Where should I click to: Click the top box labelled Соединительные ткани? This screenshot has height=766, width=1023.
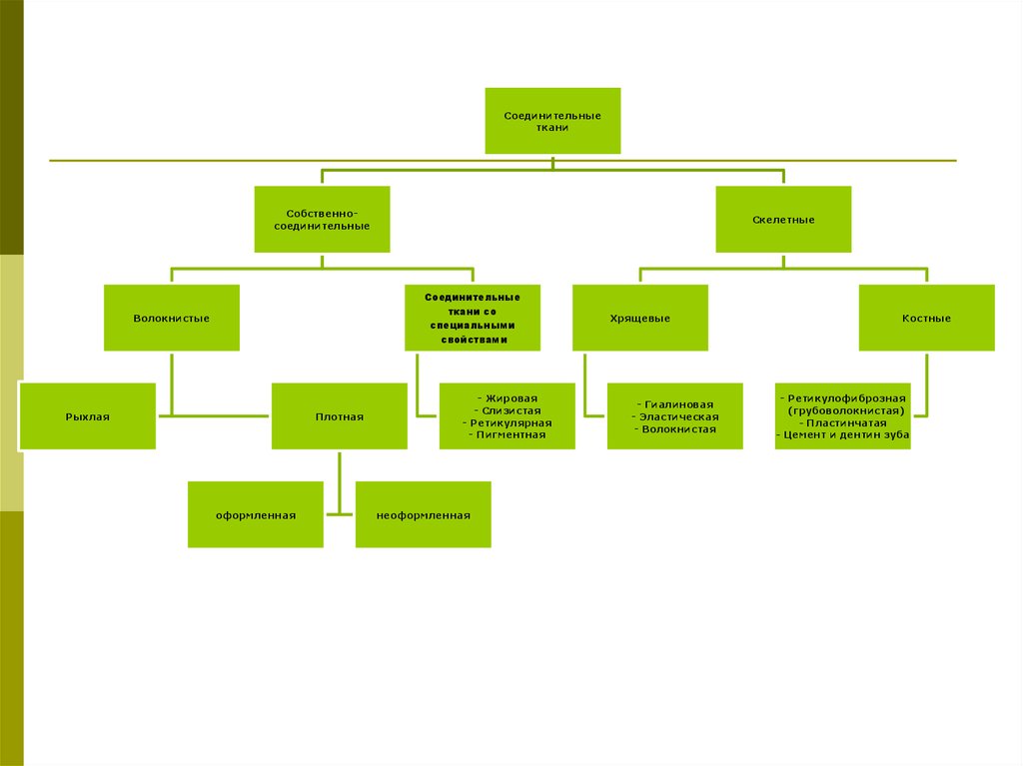pyautogui.click(x=552, y=121)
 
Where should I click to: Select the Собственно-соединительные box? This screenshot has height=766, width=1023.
pyautogui.click(x=322, y=219)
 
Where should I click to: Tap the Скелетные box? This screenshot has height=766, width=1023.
pyautogui.click(x=783, y=219)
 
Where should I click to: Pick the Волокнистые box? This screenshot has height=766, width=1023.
pyautogui.click(x=171, y=318)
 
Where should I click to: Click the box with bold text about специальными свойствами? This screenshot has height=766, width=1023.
pyautogui.click(x=473, y=318)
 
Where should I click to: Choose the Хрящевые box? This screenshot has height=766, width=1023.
pyautogui.click(x=639, y=318)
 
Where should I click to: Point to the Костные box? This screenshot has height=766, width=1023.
pyautogui.click(x=926, y=318)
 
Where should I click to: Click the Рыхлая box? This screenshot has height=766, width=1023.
pyautogui.click(x=87, y=416)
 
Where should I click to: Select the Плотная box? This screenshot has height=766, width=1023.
pyautogui.click(x=339, y=416)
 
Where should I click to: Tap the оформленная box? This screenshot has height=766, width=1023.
pyautogui.click(x=255, y=514)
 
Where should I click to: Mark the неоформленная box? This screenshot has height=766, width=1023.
pyautogui.click(x=423, y=514)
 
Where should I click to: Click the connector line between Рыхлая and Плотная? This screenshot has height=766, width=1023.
pyautogui.click(x=214, y=414)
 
